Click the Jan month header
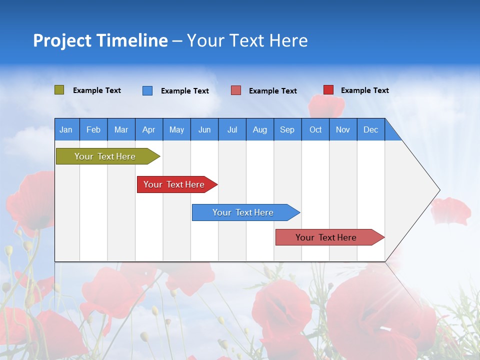tap(66, 129)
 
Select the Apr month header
tap(149, 129)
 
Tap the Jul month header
tap(232, 129)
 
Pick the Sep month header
tap(287, 129)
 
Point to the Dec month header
tap(370, 129)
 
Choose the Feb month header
tap(93, 129)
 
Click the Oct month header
tap(315, 129)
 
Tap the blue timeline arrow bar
tap(243, 212)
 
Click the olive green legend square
tap(59, 90)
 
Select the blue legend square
tap(147, 90)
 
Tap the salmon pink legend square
tap(236, 90)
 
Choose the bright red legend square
tap(328, 90)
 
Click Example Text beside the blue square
tap(184, 91)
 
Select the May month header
tap(176, 129)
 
